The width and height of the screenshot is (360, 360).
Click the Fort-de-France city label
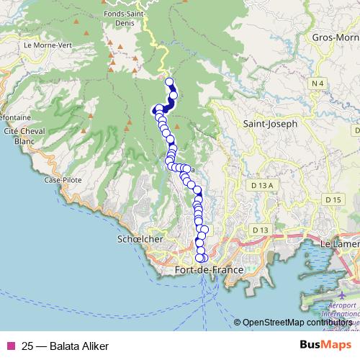pos(209,270)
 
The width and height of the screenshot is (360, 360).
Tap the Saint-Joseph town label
pos(270,124)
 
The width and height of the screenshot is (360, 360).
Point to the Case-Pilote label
pos(61,179)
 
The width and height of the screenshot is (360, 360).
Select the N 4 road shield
pos(318,84)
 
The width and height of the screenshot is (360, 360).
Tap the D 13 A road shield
pos(265,185)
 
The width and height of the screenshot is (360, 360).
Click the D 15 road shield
pos(333,199)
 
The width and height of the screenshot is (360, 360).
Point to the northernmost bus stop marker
pos(170,82)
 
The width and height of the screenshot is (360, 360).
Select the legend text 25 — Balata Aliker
pos(65,346)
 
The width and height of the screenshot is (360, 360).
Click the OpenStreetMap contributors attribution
pos(298,323)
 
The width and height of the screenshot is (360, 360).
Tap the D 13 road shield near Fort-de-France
pos(260,230)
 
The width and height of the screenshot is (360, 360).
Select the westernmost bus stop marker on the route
pos(155,111)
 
